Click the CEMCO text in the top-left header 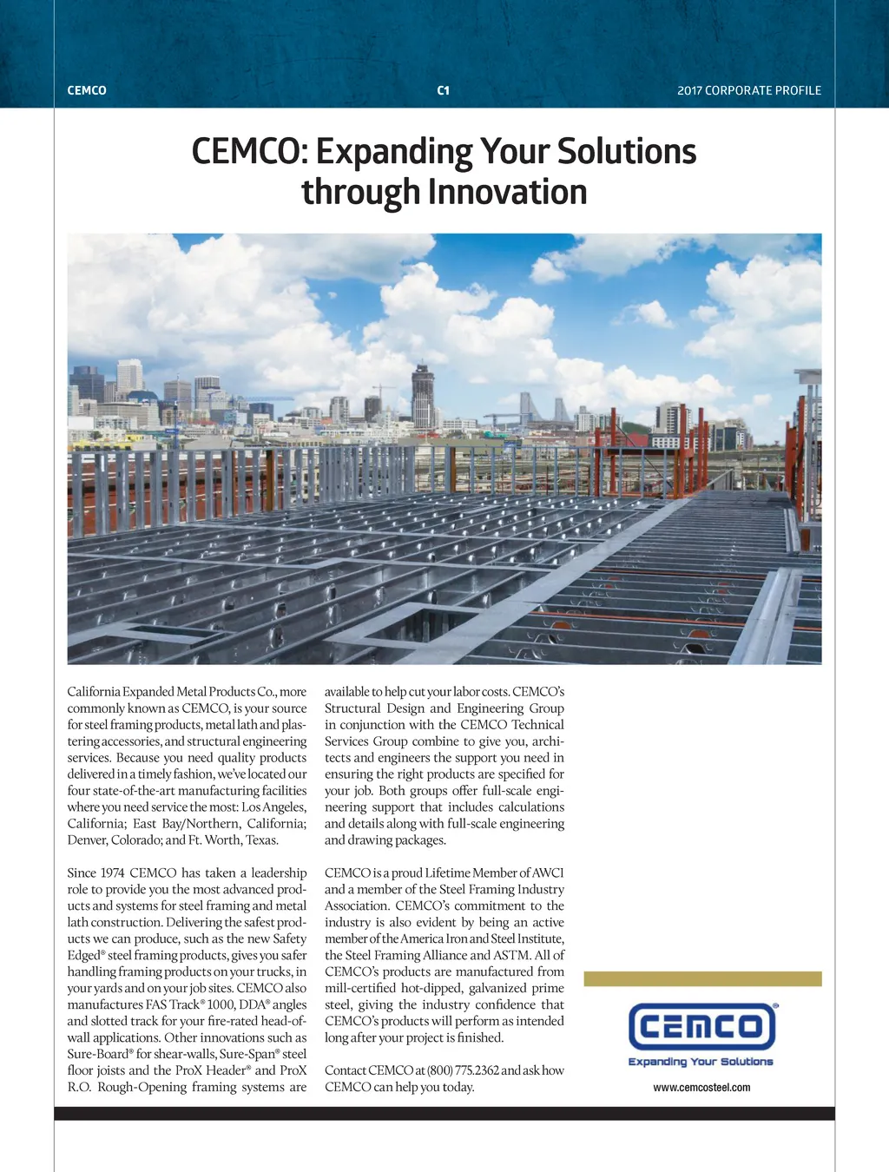click(x=87, y=90)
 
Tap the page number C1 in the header click(x=444, y=90)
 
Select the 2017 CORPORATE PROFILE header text click(x=748, y=90)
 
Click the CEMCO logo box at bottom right click(x=701, y=1027)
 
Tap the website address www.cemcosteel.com click(x=701, y=1087)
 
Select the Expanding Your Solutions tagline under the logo click(x=701, y=1062)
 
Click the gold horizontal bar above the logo click(x=702, y=979)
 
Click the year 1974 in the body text click(x=112, y=872)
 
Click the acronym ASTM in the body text click(x=511, y=955)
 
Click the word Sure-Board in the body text click(x=99, y=1054)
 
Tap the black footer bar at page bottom click(x=444, y=1114)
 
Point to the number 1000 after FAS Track click(x=221, y=1004)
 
